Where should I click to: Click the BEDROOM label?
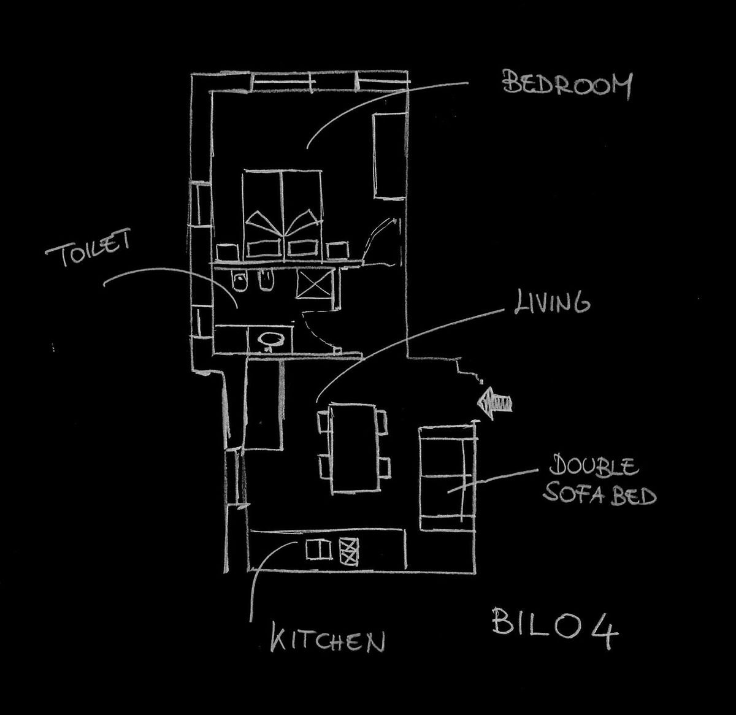pos(567,85)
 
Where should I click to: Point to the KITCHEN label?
pos(328,641)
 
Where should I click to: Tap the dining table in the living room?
pos(353,447)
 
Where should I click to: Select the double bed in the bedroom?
pos(282,212)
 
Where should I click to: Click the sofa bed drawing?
pos(446,479)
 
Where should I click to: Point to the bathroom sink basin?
pos(269,338)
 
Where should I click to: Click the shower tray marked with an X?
pos(313,283)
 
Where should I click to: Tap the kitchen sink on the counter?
pos(318,549)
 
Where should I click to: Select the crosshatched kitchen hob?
pos(348,550)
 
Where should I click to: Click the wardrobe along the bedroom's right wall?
pos(388,156)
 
